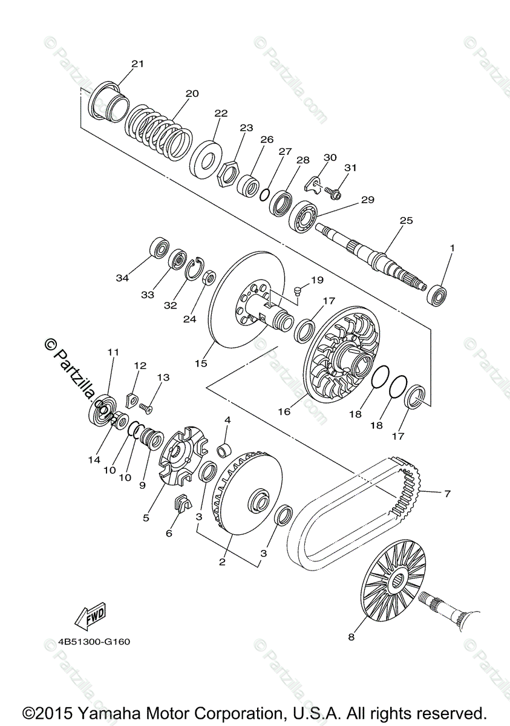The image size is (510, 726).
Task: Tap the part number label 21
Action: [x=138, y=64]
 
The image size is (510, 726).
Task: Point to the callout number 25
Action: [x=406, y=221]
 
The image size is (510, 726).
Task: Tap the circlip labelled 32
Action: [x=195, y=270]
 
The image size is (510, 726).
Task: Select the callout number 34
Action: [x=123, y=278]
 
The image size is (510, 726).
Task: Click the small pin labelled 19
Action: [x=297, y=293]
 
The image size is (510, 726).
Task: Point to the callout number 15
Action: [x=201, y=363]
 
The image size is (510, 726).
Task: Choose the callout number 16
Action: [x=284, y=411]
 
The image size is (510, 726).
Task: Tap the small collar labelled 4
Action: [x=225, y=450]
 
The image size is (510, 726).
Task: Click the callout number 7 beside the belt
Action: [x=447, y=494]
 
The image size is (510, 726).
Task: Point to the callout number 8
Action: [x=351, y=637]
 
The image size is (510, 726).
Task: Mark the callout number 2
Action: [x=222, y=562]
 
